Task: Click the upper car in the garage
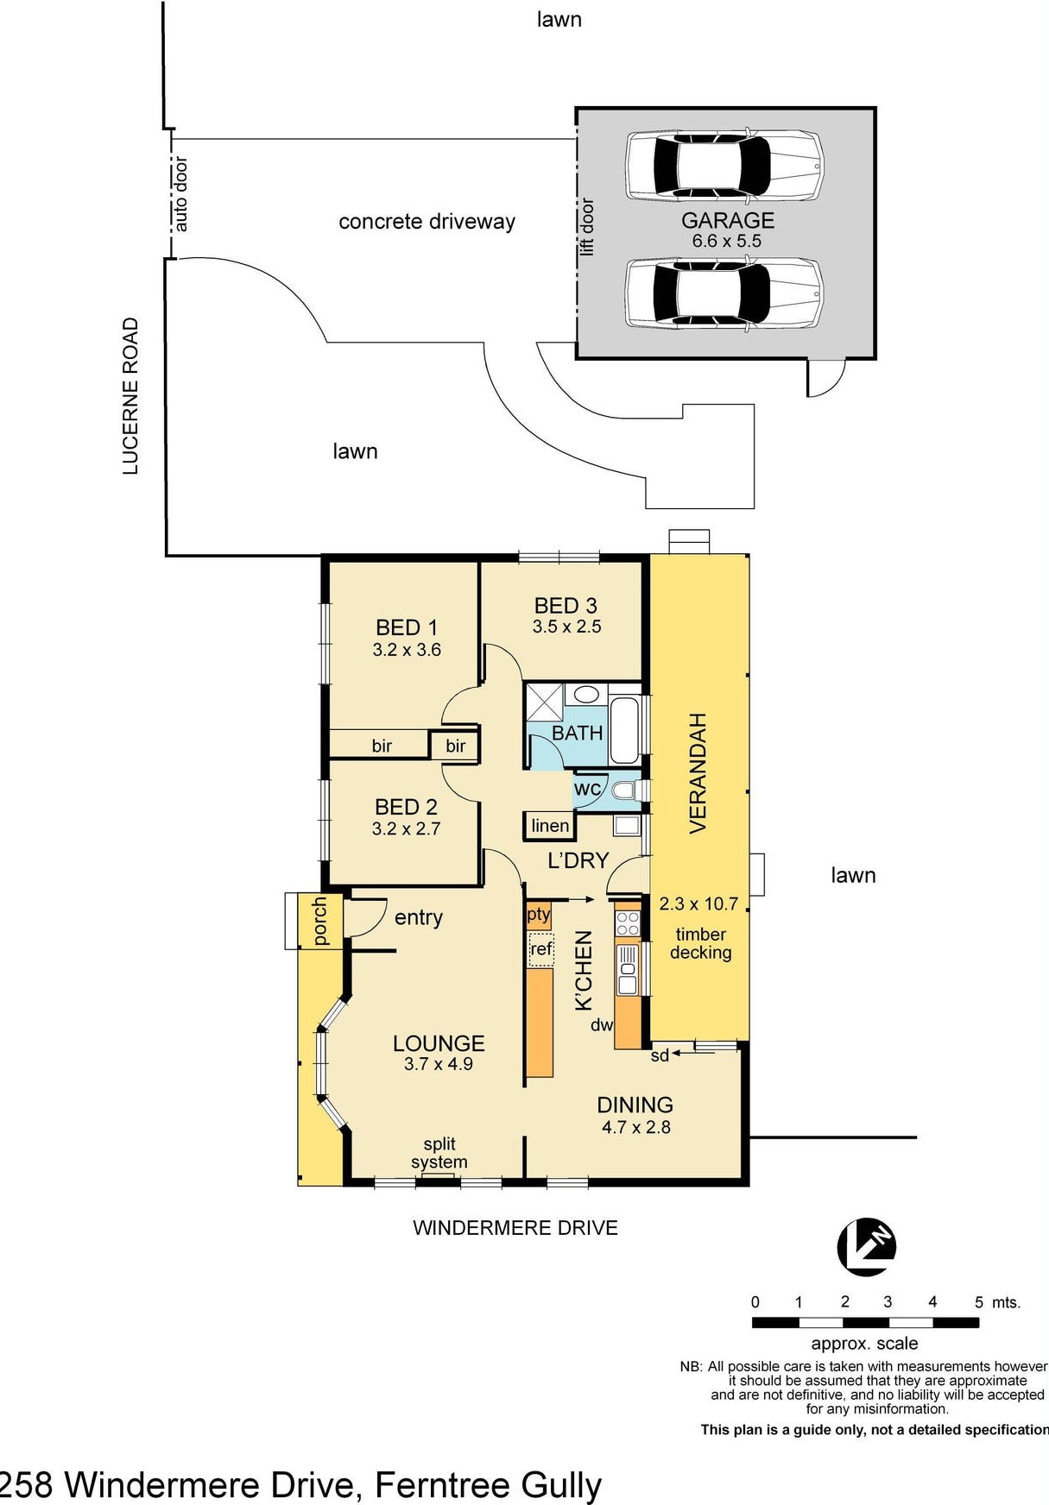coord(724,166)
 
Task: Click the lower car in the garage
coord(724,294)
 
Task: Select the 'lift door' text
coord(587,227)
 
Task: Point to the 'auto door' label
coord(180,193)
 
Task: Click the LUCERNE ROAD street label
coord(130,396)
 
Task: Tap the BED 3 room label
coord(566,615)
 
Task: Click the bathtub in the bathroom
coord(623,730)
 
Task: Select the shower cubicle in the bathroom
coord(545,702)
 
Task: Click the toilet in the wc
coord(623,790)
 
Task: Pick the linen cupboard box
coord(549,826)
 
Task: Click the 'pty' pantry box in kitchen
coord(538,915)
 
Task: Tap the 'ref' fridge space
coord(540,949)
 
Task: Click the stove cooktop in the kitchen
coord(627,922)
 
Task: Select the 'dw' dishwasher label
coord(601,1025)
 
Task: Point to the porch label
coord(319,921)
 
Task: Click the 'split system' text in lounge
coord(439,1153)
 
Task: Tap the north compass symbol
coord(866,1246)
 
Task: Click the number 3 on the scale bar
coord(887,1301)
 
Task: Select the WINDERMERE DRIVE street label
coord(515,1227)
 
